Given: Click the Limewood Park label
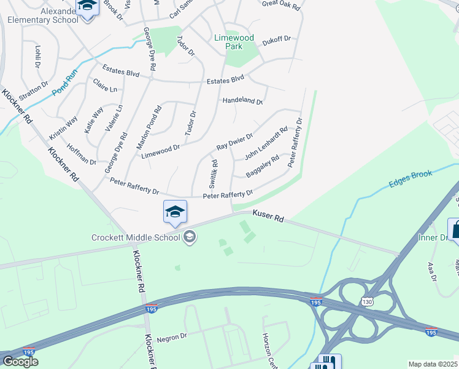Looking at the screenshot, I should point(234,42).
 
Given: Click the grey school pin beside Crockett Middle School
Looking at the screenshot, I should point(190,237).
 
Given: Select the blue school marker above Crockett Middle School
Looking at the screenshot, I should point(175,212).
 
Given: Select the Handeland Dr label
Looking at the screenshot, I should point(242,101).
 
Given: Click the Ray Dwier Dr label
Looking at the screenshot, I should point(234,143).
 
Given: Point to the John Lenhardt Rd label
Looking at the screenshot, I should point(266,144).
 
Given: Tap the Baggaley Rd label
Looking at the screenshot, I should point(262,167).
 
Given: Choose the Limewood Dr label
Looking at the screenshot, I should point(160,148).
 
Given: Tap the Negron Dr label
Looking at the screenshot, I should point(171,337).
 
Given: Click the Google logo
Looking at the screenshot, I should point(20,362).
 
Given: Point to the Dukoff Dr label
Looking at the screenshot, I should point(276,38).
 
